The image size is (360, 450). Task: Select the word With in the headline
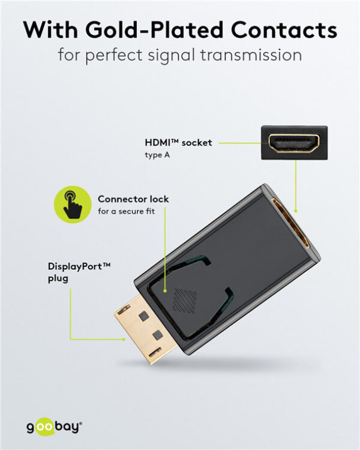pos(51,30)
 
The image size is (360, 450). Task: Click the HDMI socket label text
pos(178,143)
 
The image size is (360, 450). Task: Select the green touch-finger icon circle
pos(71,204)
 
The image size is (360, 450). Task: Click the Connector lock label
pos(133,199)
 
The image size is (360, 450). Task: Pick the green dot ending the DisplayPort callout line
pos(125,340)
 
